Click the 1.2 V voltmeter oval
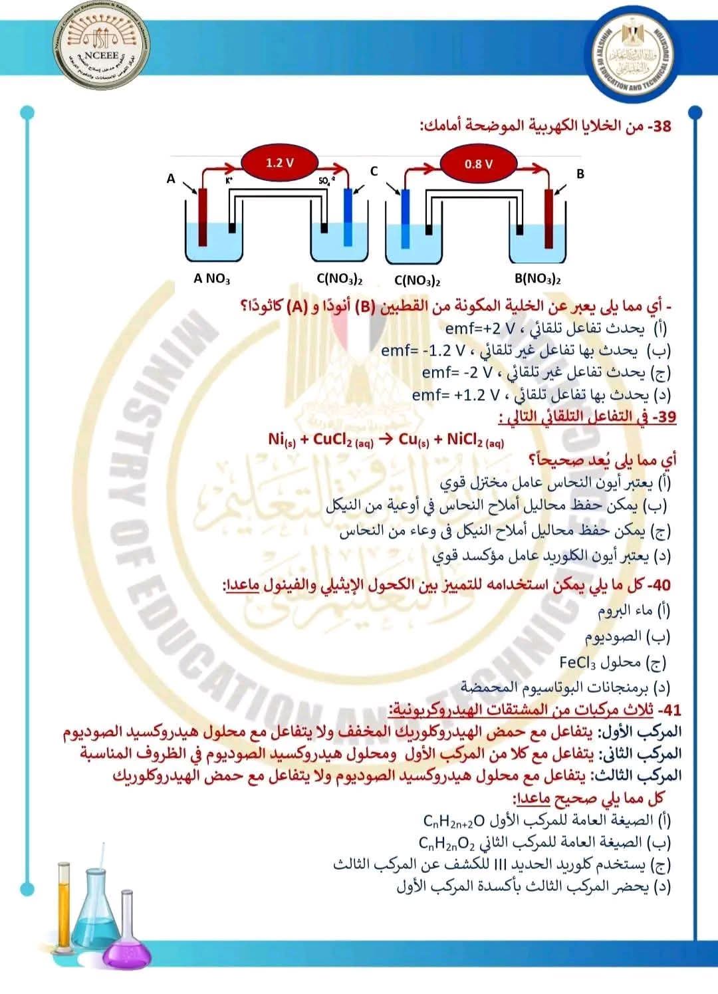coord(280,163)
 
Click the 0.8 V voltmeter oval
coord(478,164)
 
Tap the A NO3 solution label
coord(212,279)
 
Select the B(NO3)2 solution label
coord(538,279)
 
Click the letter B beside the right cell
coord(580,174)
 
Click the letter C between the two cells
coord(374,172)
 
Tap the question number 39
coord(665,417)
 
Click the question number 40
coord(661,584)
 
